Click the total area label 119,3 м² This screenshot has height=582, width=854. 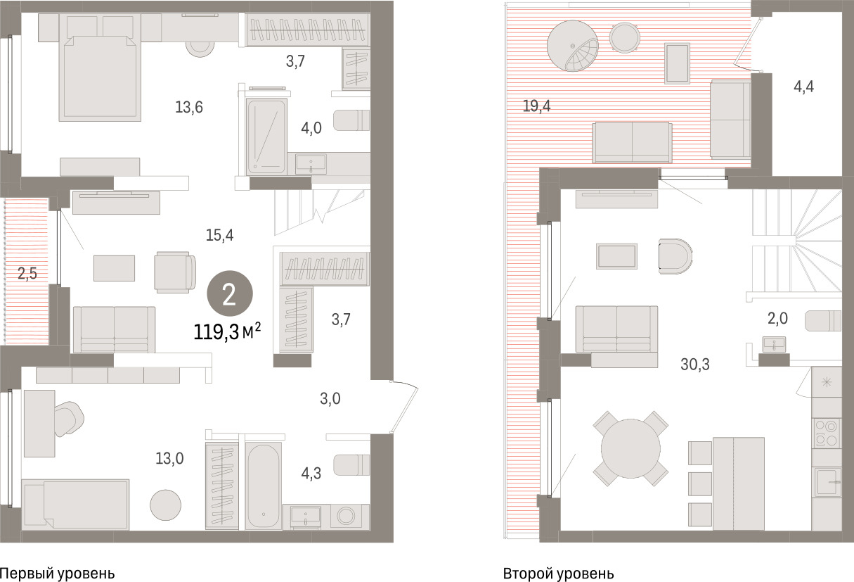pos(227,331)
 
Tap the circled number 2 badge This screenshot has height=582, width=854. pos(230,293)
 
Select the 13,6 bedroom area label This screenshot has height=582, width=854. pos(188,107)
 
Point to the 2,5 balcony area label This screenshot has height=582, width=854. pos(27,273)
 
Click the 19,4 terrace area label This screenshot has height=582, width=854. pos(536,106)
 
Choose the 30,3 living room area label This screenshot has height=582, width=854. pos(695,364)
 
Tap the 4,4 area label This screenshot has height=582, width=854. pos(803,87)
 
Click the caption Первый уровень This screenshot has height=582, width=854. pos(57,574)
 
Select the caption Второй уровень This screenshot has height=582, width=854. pos(558,574)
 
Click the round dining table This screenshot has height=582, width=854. pos(630,448)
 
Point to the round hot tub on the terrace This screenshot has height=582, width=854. pos(573,46)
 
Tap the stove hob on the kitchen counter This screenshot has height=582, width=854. pos(826,433)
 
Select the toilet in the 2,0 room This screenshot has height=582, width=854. pos(823,321)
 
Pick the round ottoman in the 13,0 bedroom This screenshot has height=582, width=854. pos(165,505)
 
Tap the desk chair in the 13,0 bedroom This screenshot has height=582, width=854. pos(69,419)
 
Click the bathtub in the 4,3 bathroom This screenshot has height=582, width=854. pos(263,486)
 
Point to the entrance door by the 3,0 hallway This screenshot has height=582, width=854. pos(404,407)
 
